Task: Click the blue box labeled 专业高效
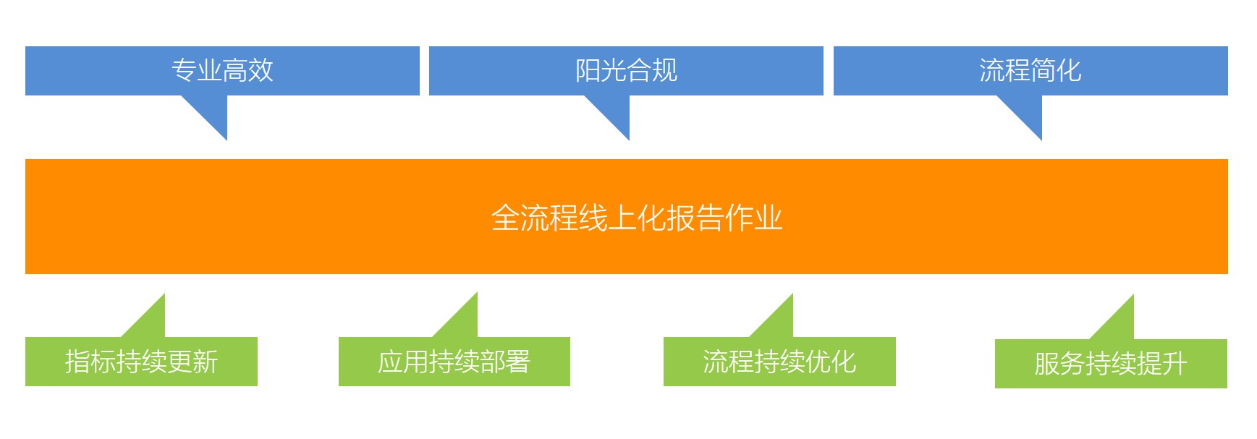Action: click(222, 71)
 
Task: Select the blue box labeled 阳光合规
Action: click(626, 71)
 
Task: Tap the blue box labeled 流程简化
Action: click(1030, 71)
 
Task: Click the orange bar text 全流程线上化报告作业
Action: click(637, 218)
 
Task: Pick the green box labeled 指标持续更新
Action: click(141, 362)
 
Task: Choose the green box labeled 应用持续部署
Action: click(454, 362)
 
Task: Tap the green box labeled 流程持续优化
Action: click(779, 362)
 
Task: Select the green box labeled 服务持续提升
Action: click(1111, 364)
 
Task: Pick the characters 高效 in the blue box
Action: click(247, 70)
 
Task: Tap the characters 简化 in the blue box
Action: click(1056, 70)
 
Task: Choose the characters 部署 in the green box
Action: click(505, 362)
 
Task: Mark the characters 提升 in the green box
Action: click(1162, 364)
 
